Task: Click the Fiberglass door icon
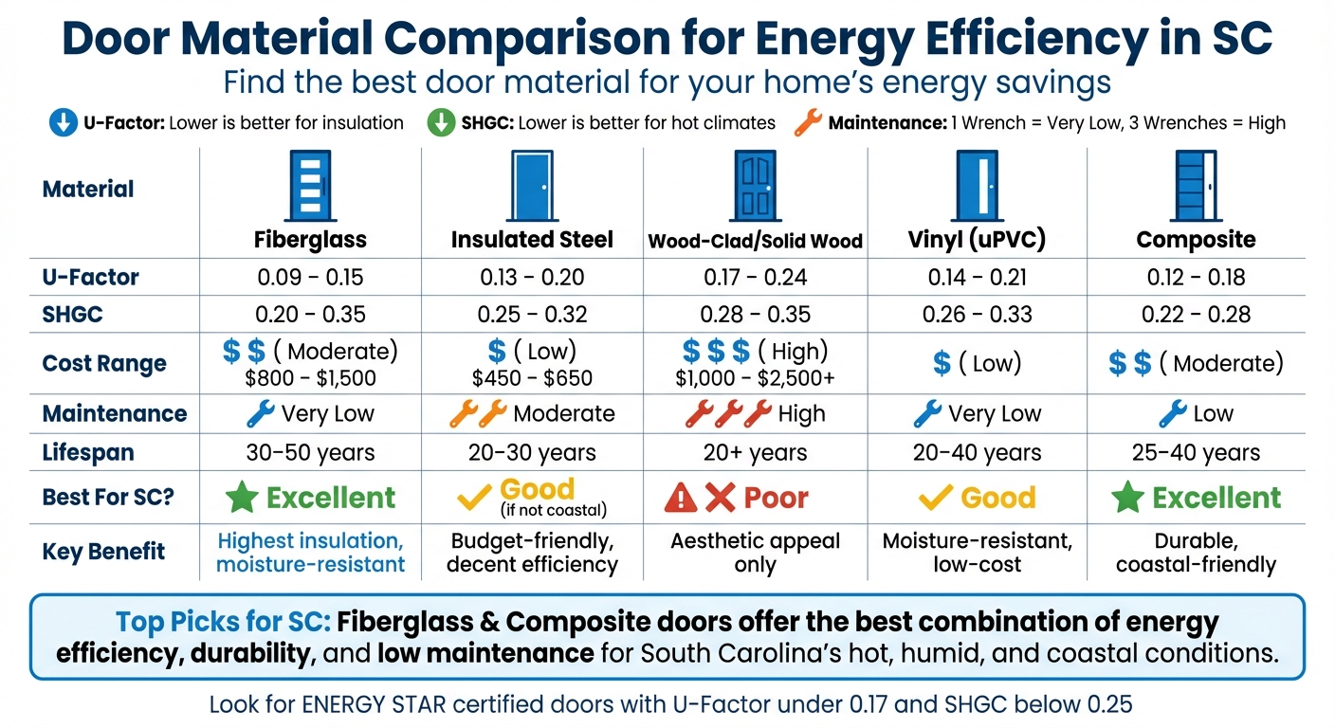tap(310, 187)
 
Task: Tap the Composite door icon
tap(1196, 187)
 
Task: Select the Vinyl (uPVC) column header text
tap(977, 240)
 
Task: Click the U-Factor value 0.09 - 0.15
tap(310, 278)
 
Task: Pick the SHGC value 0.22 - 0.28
tap(1196, 315)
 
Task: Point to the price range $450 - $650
tap(532, 379)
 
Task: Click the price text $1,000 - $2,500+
tap(755, 379)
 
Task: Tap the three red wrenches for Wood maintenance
tap(727, 414)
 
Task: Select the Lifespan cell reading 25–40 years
tap(1196, 453)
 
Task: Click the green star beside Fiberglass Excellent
tap(242, 498)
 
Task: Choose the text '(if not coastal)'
tap(553, 511)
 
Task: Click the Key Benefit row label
tap(103, 552)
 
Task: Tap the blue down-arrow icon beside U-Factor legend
tap(62, 123)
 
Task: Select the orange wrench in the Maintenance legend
tap(807, 122)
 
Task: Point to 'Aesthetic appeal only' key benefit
tap(755, 553)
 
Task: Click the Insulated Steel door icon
tap(532, 187)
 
